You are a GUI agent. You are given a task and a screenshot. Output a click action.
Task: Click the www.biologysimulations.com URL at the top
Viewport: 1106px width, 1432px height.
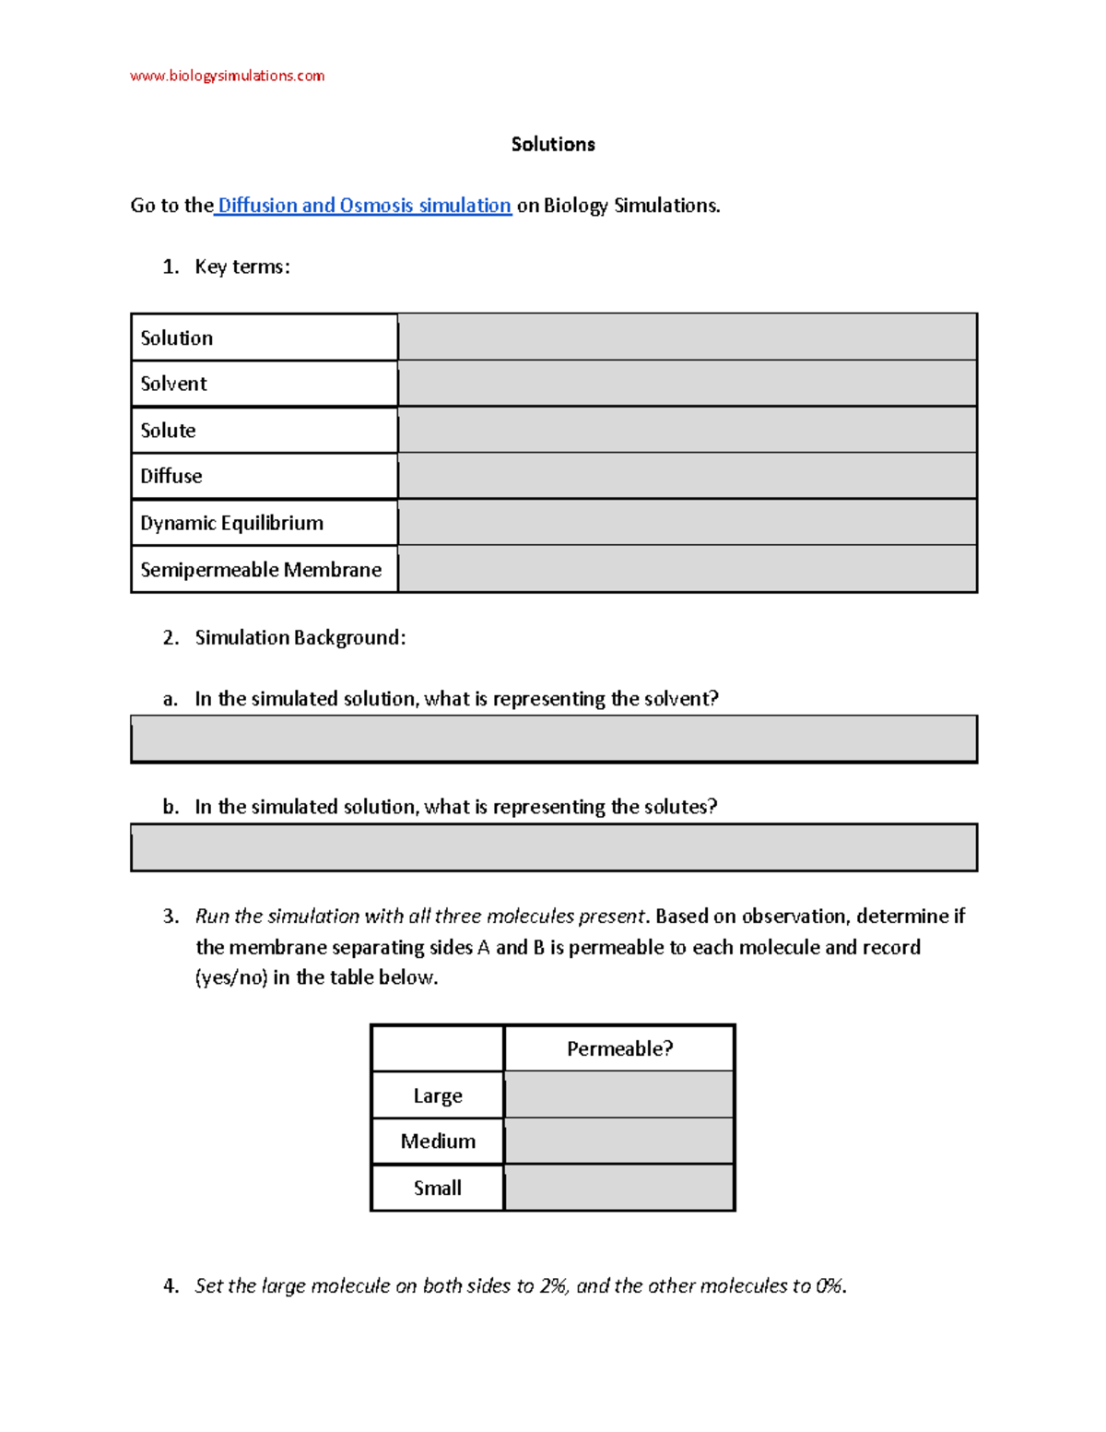(227, 76)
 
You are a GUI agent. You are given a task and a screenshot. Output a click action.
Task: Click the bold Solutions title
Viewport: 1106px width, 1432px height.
(553, 144)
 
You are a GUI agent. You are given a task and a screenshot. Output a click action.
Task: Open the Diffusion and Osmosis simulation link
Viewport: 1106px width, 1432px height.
(363, 206)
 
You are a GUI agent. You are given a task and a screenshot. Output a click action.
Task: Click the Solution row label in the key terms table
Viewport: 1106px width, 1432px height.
(177, 337)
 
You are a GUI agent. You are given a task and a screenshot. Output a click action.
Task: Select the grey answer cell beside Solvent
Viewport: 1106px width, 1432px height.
(687, 384)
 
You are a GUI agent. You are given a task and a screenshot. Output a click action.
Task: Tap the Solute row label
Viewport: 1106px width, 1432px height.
(168, 431)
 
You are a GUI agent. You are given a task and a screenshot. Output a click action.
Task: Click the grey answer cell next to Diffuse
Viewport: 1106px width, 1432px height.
(687, 476)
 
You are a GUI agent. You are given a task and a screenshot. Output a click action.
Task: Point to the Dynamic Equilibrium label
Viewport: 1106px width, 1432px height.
(231, 523)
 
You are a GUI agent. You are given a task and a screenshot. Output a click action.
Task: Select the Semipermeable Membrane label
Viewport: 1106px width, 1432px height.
(261, 570)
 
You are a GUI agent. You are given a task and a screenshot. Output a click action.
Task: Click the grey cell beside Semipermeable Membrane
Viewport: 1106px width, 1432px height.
(687, 569)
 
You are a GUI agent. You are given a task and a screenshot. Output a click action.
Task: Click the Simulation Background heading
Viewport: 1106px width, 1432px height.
(300, 637)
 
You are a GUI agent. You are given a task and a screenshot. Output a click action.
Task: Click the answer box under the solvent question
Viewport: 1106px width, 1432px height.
(553, 739)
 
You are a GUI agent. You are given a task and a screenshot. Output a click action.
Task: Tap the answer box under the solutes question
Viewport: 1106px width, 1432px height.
(553, 847)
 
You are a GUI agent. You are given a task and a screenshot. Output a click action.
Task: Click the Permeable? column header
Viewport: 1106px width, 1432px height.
(619, 1048)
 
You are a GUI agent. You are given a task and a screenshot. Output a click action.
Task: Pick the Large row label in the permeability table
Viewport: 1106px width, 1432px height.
(438, 1095)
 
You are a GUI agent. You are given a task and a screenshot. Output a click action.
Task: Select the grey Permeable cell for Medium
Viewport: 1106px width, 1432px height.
(619, 1142)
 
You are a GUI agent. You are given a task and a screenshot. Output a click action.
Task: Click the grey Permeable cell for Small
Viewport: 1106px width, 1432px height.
(619, 1188)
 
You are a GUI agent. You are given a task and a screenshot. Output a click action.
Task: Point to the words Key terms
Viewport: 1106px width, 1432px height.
(242, 266)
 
